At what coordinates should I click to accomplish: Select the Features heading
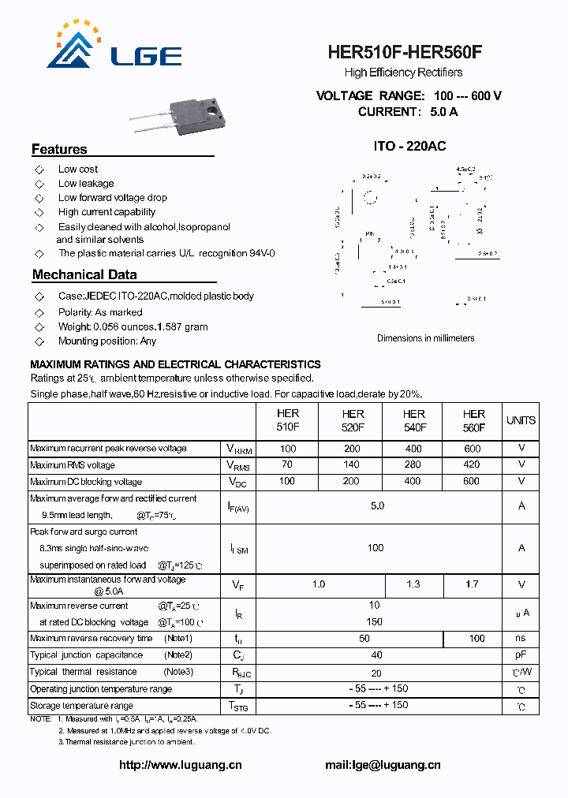[59, 150]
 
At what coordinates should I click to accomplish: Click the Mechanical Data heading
[84, 275]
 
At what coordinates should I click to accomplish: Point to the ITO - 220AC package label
[409, 147]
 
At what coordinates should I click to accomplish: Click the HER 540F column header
[413, 420]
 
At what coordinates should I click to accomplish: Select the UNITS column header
[521, 420]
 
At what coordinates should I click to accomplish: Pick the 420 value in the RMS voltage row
[472, 465]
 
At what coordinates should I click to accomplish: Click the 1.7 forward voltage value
[472, 584]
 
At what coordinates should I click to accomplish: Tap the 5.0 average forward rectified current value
[377, 505]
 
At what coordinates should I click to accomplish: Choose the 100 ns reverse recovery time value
[476, 639]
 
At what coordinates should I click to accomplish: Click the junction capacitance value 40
[376, 655]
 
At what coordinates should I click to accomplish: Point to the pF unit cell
[521, 655]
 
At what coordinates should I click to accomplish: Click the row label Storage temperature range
[82, 706]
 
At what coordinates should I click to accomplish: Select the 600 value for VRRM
[472, 449]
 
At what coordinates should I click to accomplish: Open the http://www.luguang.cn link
[180, 765]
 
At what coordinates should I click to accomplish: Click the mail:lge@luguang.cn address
[383, 765]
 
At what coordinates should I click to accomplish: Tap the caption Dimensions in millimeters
[426, 338]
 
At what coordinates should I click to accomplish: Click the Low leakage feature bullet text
[86, 184]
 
